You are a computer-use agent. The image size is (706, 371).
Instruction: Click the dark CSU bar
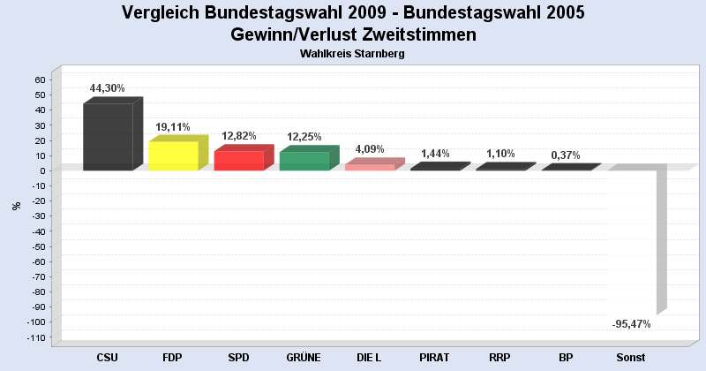pos(108,137)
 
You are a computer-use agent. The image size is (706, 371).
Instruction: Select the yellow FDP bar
pos(173,156)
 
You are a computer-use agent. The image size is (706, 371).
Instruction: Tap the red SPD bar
pos(238,161)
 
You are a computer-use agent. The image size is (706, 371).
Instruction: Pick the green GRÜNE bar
pos(304,161)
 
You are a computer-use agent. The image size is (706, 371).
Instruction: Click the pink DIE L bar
pos(369,167)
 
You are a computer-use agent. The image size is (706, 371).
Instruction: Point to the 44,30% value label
pos(108,88)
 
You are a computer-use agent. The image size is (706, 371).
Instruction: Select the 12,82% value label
pos(238,136)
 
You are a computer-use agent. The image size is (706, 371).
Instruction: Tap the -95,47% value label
pos(631,324)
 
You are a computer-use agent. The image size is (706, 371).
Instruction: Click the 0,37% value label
pos(565,155)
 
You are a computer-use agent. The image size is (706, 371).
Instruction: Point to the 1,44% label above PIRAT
pos(435,154)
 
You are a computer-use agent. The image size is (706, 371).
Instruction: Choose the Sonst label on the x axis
pos(631,358)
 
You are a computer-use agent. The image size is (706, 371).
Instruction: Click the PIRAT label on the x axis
pos(434,358)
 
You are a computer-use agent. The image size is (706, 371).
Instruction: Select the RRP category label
pos(499,358)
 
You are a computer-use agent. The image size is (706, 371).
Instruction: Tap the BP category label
pos(565,358)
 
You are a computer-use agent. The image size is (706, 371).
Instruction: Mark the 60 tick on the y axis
pos(40,79)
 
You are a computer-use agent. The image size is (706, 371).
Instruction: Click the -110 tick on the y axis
pos(35,337)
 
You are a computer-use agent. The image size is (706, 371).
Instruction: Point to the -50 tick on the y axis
pos(38,246)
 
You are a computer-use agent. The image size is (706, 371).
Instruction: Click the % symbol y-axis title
pos(17,206)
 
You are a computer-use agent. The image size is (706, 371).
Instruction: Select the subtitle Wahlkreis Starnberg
pos(352,54)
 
